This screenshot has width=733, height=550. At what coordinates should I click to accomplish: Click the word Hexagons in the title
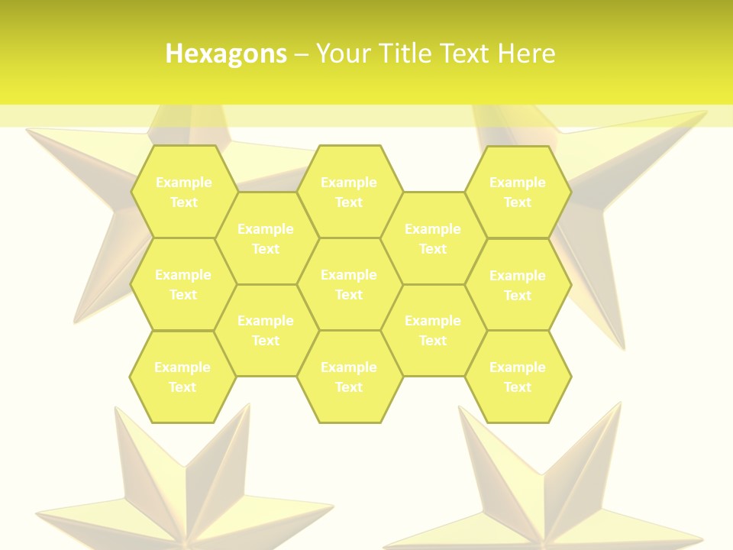(x=226, y=53)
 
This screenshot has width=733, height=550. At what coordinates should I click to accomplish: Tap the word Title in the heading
(x=406, y=53)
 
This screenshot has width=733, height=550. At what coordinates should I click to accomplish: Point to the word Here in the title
(x=526, y=53)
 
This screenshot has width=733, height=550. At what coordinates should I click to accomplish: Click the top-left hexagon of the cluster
(x=183, y=192)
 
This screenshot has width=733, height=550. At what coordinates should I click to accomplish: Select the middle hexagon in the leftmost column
(x=183, y=284)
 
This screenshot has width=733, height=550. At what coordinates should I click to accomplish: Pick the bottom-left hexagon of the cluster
(x=182, y=377)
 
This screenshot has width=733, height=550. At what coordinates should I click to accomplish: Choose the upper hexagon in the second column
(x=266, y=238)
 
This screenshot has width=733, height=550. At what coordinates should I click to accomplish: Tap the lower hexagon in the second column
(x=266, y=330)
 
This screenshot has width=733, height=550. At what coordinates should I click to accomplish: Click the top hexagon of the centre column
(x=349, y=192)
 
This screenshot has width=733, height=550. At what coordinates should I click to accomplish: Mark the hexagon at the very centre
(x=349, y=284)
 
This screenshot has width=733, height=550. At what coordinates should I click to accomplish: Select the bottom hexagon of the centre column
(x=349, y=377)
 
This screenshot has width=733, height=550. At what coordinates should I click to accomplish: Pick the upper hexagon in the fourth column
(x=433, y=238)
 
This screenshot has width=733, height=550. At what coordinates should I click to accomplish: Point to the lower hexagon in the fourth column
(x=433, y=330)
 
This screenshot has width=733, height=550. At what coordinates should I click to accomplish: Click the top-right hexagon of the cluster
(x=518, y=192)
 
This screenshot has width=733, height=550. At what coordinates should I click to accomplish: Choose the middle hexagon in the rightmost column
(x=518, y=285)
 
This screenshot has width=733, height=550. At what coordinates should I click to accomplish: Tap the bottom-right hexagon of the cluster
(x=518, y=377)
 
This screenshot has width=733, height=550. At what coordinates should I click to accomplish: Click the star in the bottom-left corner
(x=183, y=489)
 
